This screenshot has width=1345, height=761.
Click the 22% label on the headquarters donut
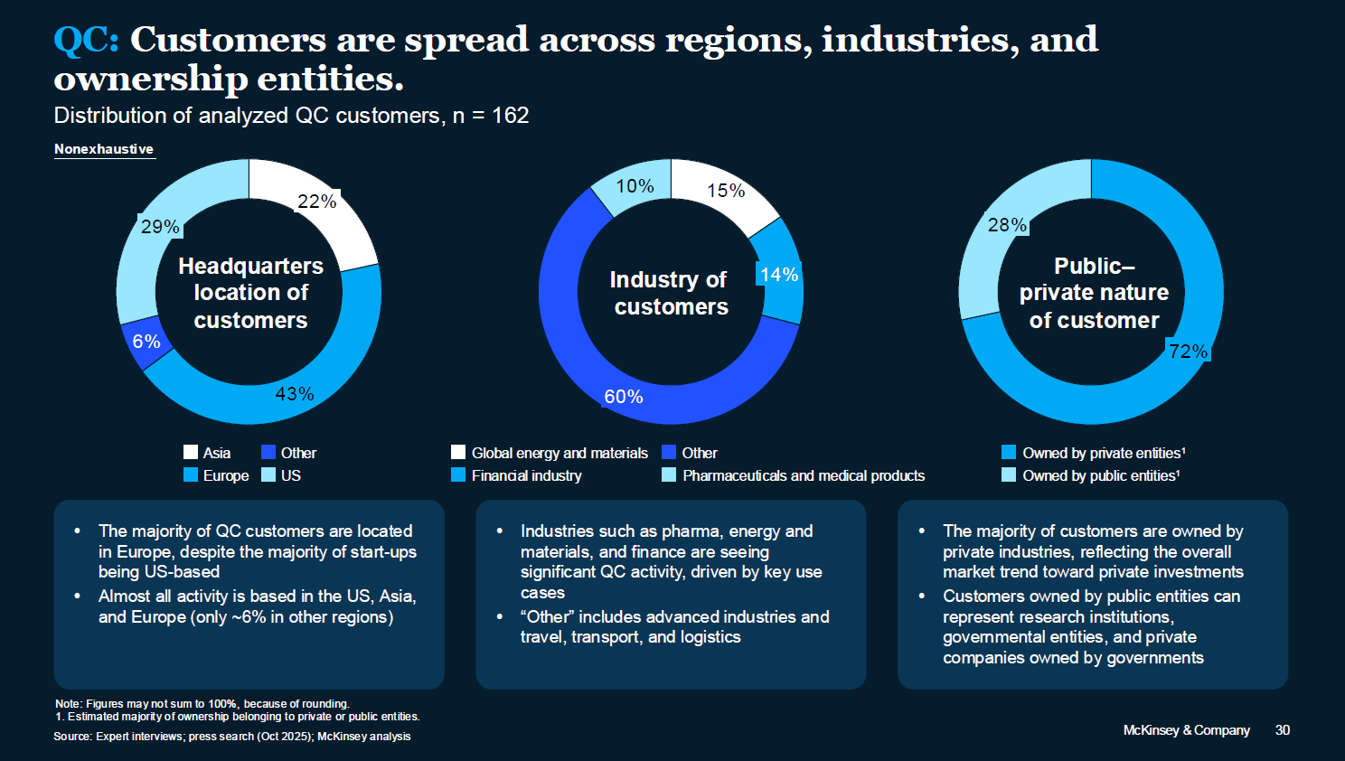pos(317,202)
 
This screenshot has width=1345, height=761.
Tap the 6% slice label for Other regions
pos(146,342)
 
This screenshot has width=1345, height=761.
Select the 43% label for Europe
pos(295,394)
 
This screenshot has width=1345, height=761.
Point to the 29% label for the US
pos(160,226)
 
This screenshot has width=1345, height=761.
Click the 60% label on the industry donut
pos(624,396)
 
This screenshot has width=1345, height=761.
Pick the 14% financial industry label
pos(779,274)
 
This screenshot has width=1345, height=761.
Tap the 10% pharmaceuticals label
pos(635,186)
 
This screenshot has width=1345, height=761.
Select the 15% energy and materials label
pos(725,191)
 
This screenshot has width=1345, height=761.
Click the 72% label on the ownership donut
pos(1189,351)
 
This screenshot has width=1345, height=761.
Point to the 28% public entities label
pos(1007,225)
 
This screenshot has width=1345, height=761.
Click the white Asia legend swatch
pos(191,452)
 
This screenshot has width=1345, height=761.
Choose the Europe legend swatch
pos(191,474)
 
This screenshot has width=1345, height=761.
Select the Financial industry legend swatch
pos(458,474)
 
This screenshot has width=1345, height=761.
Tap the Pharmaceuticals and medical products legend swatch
pos(669,474)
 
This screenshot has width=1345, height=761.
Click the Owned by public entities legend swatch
pos(1009,474)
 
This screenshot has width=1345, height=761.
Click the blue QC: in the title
pos(87,40)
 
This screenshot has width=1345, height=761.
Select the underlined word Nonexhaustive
pos(104,149)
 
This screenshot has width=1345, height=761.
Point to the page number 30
pos(1283,729)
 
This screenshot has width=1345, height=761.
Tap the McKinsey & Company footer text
pos(1187,729)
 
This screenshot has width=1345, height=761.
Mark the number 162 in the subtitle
pos(510,115)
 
